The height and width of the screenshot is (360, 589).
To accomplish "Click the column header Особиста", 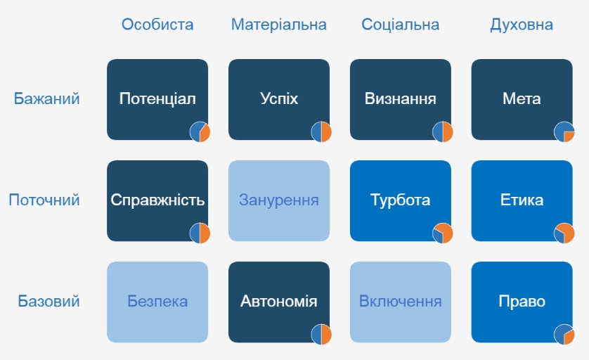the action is coord(157,25).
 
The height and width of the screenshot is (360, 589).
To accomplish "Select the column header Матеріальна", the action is coord(279,25).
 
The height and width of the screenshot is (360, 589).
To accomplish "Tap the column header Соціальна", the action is coord(401,25).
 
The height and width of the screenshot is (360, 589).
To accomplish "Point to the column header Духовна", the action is coord(522,25).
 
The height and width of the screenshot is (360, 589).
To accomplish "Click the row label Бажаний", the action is coord(46,99).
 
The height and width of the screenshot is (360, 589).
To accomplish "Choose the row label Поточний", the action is coord(44,200).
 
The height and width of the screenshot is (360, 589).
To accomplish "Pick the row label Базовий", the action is coord(48,302).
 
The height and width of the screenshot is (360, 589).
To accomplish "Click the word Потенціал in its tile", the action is coord(157,99).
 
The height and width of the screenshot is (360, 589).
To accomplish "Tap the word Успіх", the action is coord(279,99).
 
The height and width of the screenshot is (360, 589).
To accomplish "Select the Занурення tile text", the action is coord(279,200).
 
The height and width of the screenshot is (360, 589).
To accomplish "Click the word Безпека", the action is coord(157,302).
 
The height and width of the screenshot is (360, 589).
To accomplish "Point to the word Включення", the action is coord(401,302).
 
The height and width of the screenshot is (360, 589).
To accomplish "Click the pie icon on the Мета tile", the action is coord(564,132).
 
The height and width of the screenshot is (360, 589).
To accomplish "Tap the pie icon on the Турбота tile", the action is coord(443,233).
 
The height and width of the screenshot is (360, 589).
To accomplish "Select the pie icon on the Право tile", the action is coord(564,335).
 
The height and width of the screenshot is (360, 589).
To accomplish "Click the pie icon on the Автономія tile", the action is coord(321,335).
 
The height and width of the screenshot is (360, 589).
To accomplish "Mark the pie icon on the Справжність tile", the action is coord(200,233).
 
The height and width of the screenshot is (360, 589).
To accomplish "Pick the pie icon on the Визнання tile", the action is coord(443,132).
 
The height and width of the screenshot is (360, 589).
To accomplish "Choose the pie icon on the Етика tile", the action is coord(564,233).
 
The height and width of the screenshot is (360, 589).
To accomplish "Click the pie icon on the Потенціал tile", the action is coord(200,132).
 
